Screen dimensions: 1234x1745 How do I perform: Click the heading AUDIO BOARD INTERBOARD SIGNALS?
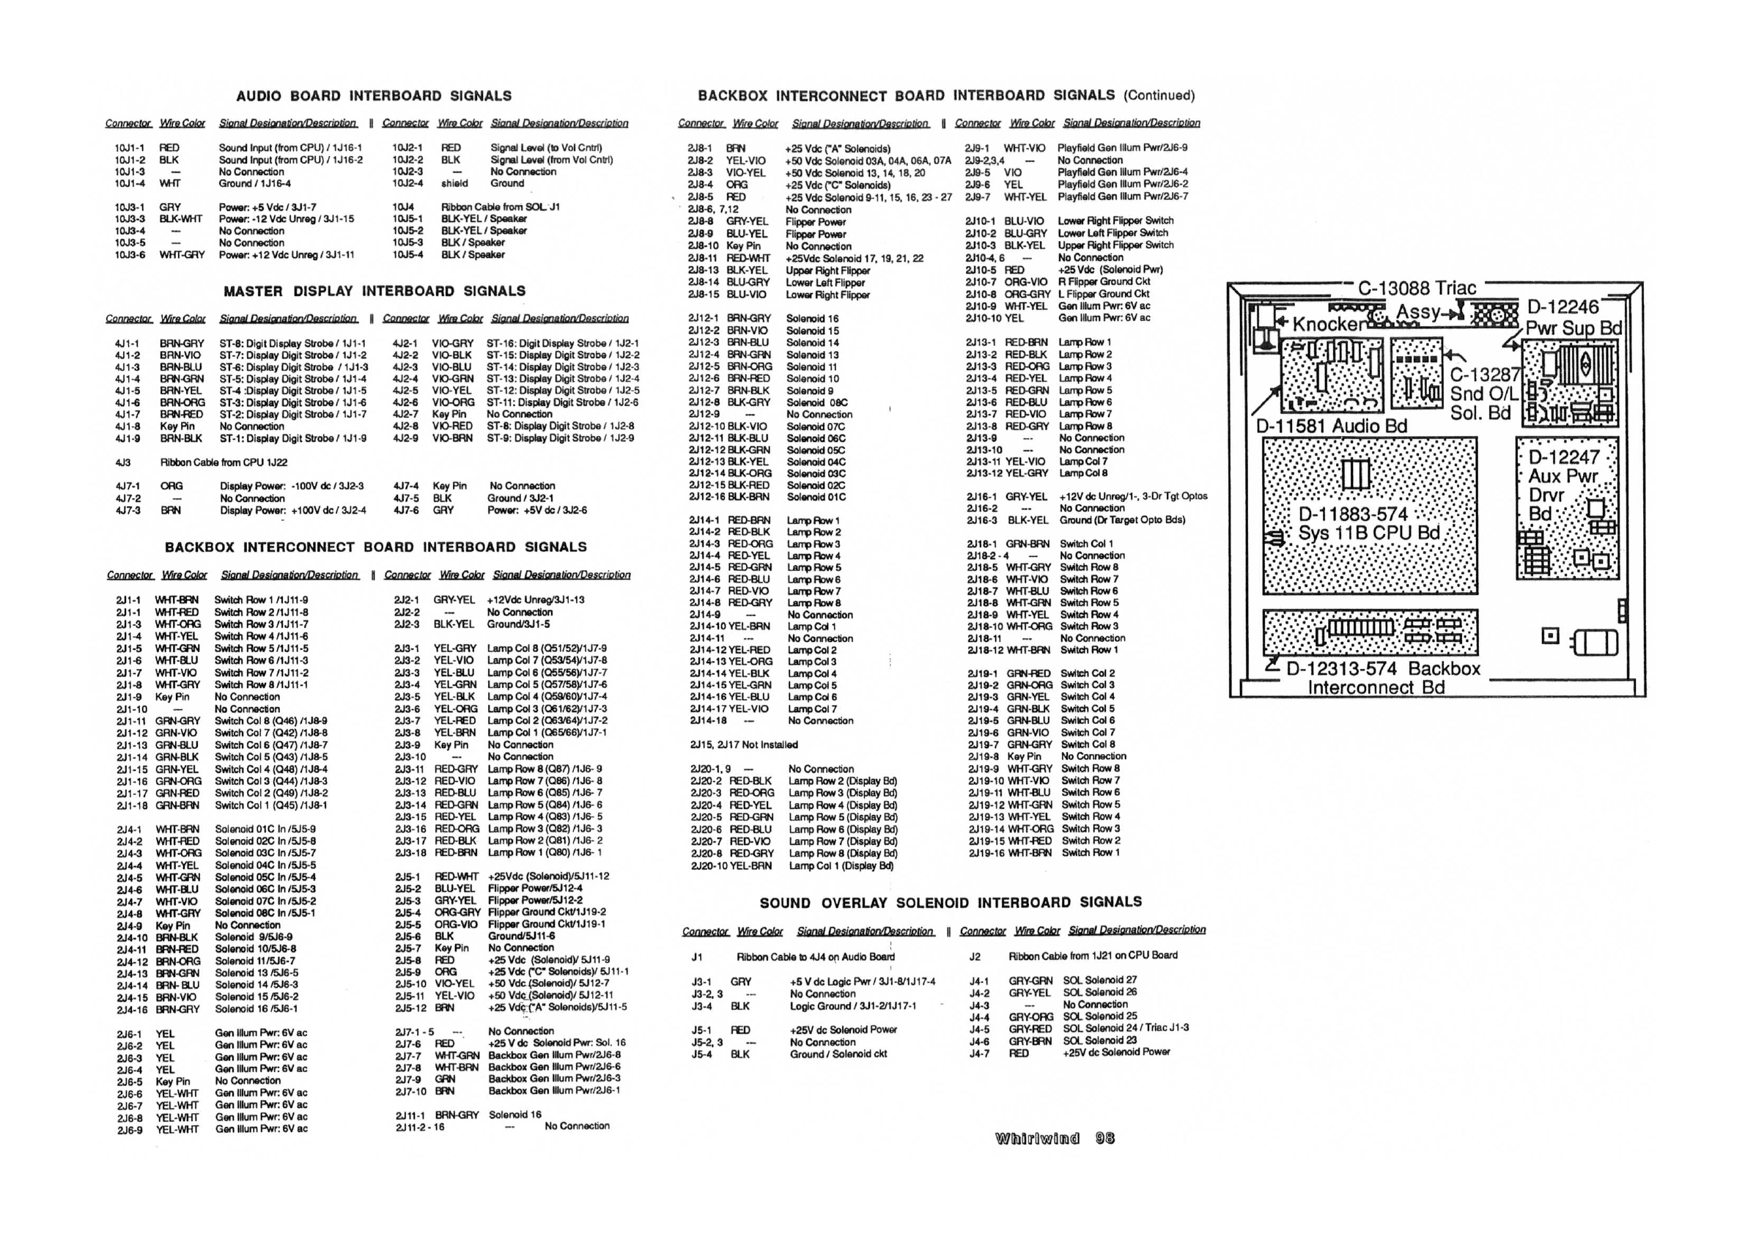(373, 97)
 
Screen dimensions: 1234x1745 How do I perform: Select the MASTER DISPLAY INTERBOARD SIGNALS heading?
(374, 292)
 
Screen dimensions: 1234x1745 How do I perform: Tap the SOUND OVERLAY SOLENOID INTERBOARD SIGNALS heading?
(950, 903)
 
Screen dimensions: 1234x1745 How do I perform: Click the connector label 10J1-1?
(129, 148)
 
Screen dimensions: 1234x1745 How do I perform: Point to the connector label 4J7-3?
(128, 511)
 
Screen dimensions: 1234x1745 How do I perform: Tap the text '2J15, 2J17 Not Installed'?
(743, 745)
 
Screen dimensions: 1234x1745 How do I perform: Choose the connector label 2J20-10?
(709, 866)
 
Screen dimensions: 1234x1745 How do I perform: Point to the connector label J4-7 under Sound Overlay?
(979, 1054)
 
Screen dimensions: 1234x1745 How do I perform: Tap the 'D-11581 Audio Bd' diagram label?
(1332, 426)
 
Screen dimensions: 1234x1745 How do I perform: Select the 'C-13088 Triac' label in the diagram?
(1417, 289)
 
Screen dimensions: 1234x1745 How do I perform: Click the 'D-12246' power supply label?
(1563, 308)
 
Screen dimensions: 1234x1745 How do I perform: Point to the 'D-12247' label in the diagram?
(1563, 458)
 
